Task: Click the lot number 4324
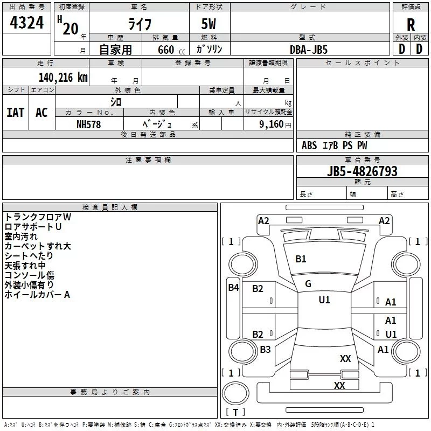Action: (x=26, y=23)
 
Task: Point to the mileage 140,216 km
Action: (x=63, y=77)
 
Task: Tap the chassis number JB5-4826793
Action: (x=362, y=171)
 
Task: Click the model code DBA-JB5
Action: (x=309, y=49)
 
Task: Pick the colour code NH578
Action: (x=89, y=124)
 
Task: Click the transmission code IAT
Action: (x=15, y=112)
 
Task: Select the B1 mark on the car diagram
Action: (x=301, y=259)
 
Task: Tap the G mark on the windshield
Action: (x=308, y=284)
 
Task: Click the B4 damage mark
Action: (x=233, y=287)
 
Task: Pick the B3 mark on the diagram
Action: (x=265, y=350)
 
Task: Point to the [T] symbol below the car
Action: (x=235, y=412)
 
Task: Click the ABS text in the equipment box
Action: (x=309, y=145)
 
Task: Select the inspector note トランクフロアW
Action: (x=38, y=217)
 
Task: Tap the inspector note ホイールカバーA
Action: (x=38, y=295)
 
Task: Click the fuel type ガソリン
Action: (x=210, y=49)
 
